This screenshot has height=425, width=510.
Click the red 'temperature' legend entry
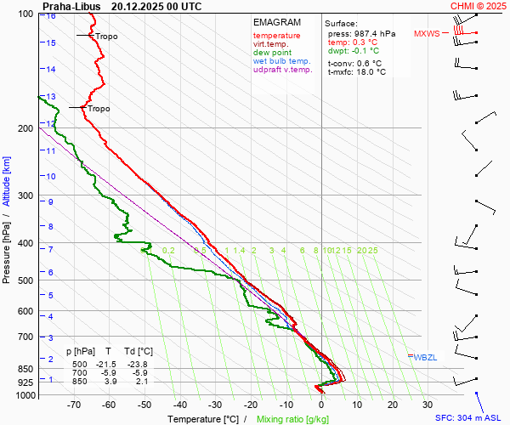pos(276,36)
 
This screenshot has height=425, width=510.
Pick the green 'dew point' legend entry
pos(272,53)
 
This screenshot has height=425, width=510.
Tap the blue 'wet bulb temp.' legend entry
pos(282,61)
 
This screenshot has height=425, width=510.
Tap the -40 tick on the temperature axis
pos(179,405)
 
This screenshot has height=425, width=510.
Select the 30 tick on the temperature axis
pos(428,405)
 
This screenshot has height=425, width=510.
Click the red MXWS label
pos(427,34)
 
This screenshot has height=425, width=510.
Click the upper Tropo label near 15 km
pos(106,37)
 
